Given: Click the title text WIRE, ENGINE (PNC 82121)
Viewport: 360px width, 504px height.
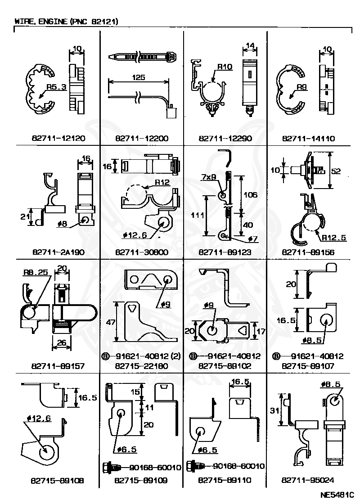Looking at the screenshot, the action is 66,22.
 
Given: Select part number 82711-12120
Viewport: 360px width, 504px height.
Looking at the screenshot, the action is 58,139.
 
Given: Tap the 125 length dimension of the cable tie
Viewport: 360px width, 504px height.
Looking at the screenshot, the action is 139,77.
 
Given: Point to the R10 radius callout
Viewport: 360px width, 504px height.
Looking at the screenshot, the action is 225,67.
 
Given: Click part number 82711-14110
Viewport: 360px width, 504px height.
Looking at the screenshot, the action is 309,139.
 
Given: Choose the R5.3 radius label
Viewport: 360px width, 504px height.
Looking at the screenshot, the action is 56,87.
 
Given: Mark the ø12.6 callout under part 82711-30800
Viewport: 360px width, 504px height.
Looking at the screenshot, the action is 135,235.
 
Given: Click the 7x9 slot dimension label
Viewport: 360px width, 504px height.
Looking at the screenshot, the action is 209,177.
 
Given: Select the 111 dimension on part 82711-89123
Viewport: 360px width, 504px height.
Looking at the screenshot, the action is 198,215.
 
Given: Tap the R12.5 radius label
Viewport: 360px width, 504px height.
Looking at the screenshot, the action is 334,238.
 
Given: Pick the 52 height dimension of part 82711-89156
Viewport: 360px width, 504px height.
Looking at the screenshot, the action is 336,171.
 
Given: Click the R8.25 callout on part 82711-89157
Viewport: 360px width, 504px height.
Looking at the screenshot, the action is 36,273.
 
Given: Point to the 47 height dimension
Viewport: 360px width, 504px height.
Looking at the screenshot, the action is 111,322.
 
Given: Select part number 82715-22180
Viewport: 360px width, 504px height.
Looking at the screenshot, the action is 141,366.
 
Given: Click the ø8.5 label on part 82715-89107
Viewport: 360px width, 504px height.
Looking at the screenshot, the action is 312,340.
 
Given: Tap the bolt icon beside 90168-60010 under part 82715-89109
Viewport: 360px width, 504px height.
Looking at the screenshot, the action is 112,467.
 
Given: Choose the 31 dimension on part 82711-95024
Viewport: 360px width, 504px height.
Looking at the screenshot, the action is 274,410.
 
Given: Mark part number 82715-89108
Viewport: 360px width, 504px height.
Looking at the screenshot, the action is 58,481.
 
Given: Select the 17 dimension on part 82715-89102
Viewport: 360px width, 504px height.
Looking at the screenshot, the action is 261,331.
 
